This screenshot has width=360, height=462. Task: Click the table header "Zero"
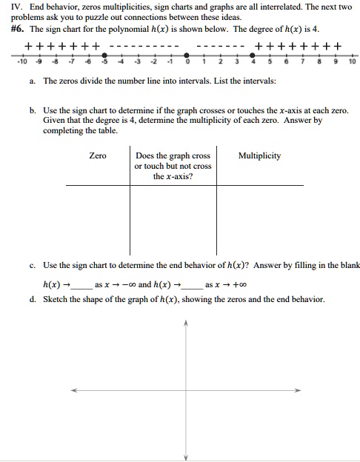point(98,156)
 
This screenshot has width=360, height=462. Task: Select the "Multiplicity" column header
point(259,156)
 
